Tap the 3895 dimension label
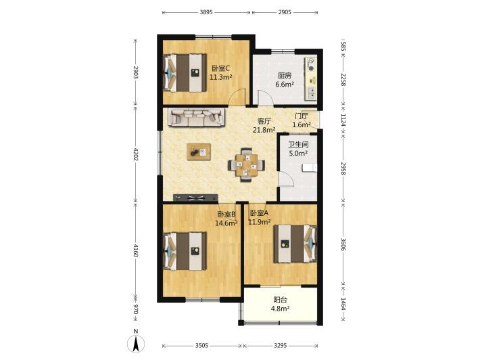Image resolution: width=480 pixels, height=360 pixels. coord(206,12)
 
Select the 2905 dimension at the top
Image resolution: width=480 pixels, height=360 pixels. coord(285,12)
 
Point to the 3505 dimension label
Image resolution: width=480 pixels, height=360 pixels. coord(201,346)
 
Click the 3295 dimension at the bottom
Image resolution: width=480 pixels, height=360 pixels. coord(280,346)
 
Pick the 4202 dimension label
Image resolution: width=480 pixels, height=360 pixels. coord(136,155)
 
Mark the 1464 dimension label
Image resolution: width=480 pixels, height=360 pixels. coord(343,305)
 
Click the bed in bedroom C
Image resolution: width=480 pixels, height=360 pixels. coord(185,73)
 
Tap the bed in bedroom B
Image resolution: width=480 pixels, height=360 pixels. coord(185,251)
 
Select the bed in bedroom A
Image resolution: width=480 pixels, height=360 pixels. coord(295,244)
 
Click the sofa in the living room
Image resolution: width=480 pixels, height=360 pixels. coord(196,117)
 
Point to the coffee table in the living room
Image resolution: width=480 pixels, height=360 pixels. coord(199,152)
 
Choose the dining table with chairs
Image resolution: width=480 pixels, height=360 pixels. coord(247,165)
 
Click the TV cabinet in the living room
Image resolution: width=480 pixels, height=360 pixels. coord(195,198)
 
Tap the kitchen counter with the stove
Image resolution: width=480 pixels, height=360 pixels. coord(311,78)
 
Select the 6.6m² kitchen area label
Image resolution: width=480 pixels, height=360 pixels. coord(285,85)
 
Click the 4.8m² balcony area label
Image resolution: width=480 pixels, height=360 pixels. coord(280,309)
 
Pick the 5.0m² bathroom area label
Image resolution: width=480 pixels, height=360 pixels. coord(298,153)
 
